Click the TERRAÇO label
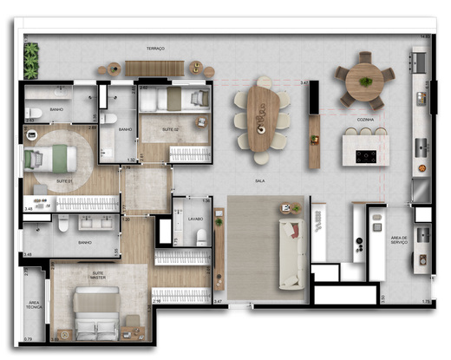click(155, 49)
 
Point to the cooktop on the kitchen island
click(364, 157)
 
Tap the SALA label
click(259, 180)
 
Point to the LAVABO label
click(194, 219)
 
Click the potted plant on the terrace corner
click(32, 60)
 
